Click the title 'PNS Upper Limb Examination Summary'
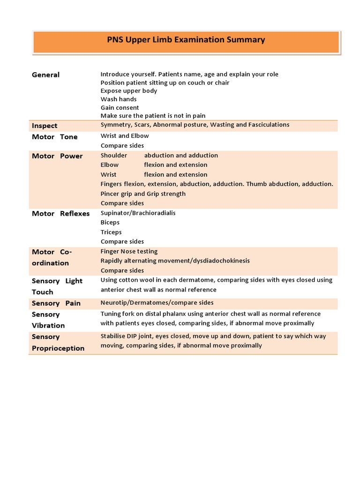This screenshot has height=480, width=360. (x=186, y=40)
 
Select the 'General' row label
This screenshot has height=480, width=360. (x=45, y=75)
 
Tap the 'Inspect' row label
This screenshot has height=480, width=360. (x=45, y=126)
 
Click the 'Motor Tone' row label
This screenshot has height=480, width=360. (x=54, y=137)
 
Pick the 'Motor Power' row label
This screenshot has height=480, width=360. (x=57, y=156)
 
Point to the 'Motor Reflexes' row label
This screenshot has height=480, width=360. (x=60, y=214)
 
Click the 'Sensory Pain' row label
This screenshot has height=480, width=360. (x=56, y=303)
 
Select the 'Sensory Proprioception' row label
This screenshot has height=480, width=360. (x=58, y=343)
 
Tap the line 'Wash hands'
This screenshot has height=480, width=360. (x=119, y=99)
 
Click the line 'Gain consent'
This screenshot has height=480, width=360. (x=120, y=108)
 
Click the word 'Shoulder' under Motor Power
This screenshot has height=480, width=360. (x=113, y=156)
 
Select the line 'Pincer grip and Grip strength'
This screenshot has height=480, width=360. (x=143, y=194)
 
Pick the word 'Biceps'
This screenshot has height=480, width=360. (x=110, y=223)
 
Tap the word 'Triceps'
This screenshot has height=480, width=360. (x=111, y=232)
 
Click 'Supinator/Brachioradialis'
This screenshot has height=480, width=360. (x=138, y=213)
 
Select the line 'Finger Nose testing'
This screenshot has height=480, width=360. (x=129, y=252)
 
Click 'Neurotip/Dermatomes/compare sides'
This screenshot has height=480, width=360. (x=157, y=303)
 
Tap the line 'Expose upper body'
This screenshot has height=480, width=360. (x=129, y=91)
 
